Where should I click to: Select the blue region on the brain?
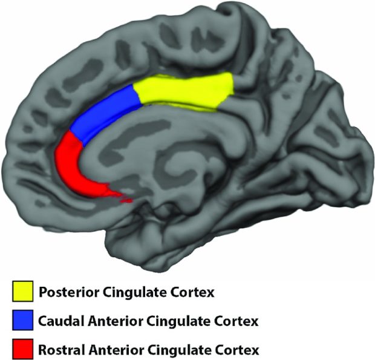point(105,113)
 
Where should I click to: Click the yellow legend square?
point(23,291)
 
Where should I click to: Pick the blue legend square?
point(23,320)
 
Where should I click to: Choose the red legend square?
point(23,349)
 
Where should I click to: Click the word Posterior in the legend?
point(69,292)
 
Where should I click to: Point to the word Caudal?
point(61,321)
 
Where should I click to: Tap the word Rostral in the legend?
point(62,350)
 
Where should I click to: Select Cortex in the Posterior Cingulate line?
point(191,292)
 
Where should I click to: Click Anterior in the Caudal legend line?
point(115,321)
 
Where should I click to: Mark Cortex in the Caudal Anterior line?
point(235,321)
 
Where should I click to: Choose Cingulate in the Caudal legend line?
point(176,321)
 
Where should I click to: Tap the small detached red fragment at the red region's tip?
point(127,201)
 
